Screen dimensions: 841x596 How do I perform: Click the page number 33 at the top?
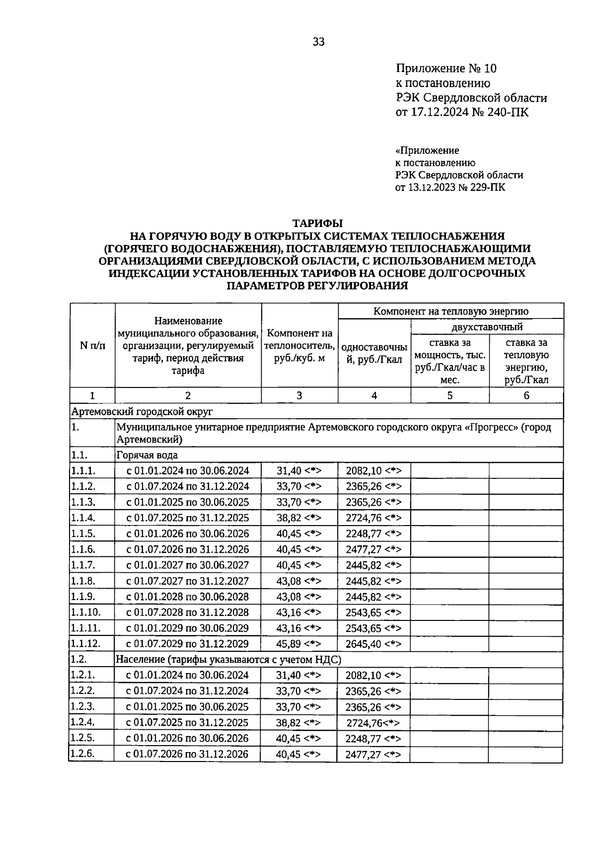pyautogui.click(x=318, y=42)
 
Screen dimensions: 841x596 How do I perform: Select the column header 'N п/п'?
pyautogui.click(x=92, y=346)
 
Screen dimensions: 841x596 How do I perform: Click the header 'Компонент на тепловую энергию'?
pyautogui.click(x=450, y=311)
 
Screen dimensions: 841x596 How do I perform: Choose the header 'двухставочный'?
pyautogui.click(x=487, y=327)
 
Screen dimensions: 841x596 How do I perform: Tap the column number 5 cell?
pyautogui.click(x=449, y=395)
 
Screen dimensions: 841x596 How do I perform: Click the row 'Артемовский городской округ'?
pyautogui.click(x=142, y=411)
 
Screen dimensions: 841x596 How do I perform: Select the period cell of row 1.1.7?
pyautogui.click(x=187, y=565)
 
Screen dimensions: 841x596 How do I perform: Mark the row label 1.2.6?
pyautogui.click(x=82, y=754)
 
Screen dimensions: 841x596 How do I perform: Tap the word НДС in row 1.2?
pyautogui.click(x=327, y=660)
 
